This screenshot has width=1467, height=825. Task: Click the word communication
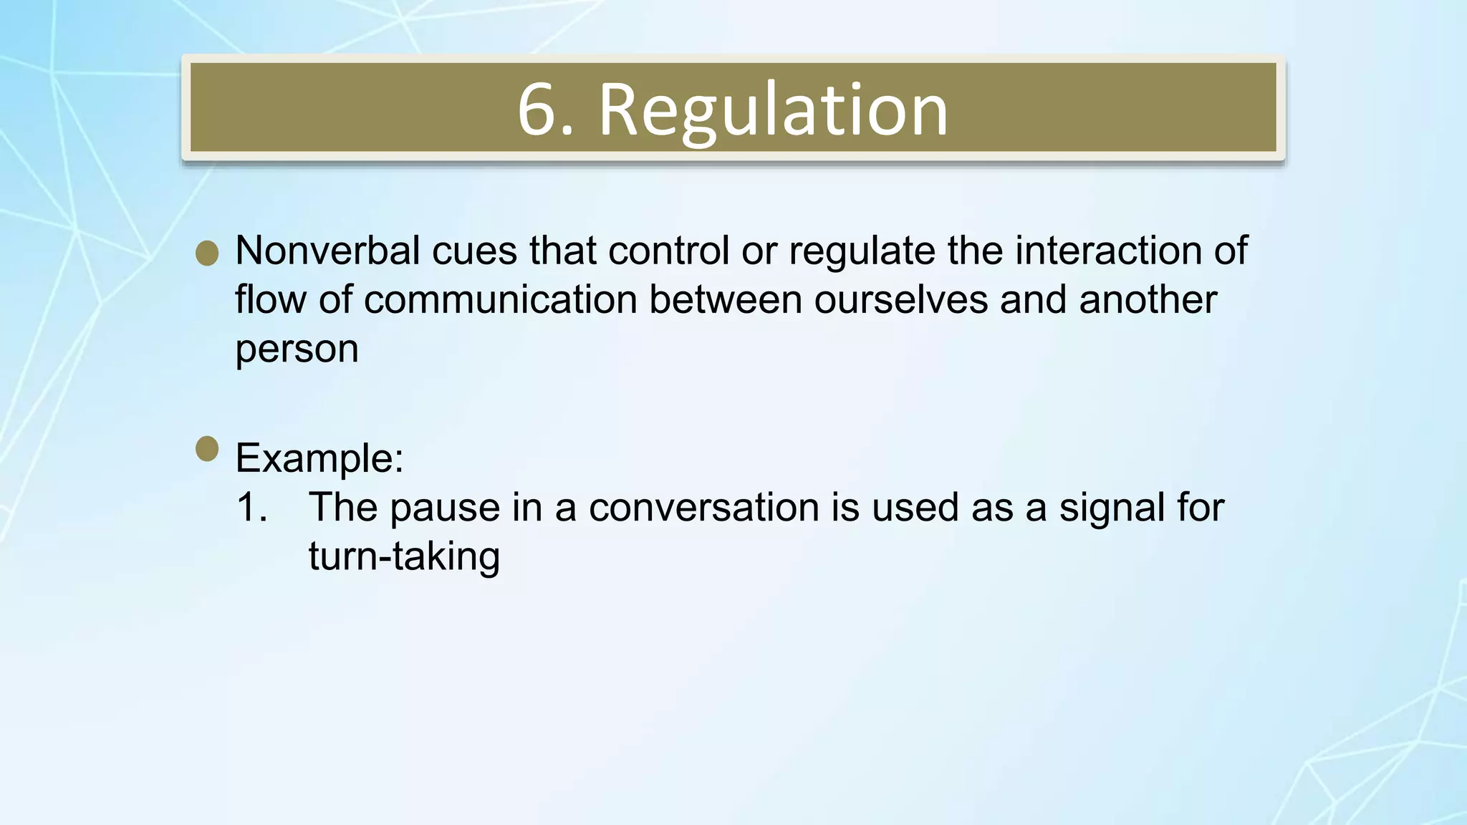[x=500, y=299]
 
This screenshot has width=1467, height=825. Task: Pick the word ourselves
[x=900, y=299]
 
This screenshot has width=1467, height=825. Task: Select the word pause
[x=444, y=508]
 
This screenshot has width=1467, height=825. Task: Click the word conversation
[x=703, y=507]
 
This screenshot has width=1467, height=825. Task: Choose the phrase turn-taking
[x=404, y=556]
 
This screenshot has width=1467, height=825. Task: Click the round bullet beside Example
[x=207, y=449]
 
